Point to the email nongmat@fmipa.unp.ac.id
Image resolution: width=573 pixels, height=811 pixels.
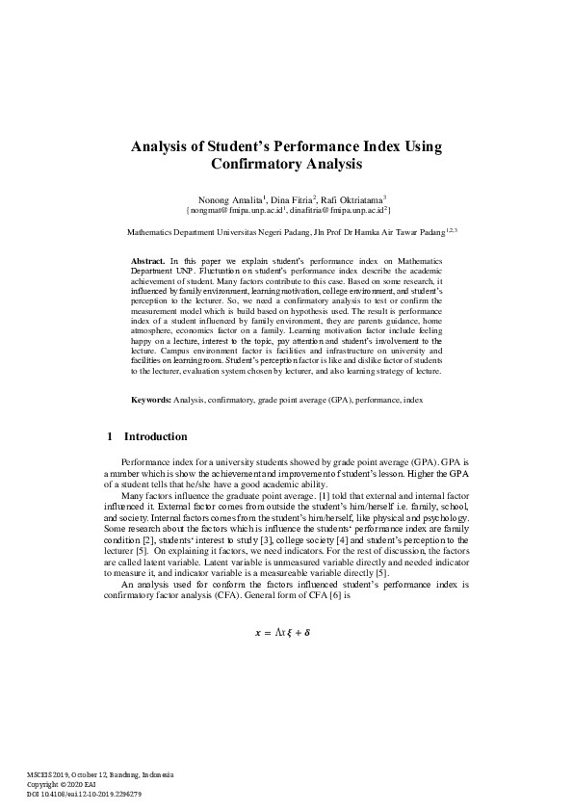(234, 209)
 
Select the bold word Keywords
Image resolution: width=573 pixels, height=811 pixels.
(152, 399)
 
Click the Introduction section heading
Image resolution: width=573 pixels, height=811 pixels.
(157, 436)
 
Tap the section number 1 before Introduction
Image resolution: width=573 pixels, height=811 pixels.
(110, 436)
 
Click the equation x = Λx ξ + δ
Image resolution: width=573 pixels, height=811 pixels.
(288, 633)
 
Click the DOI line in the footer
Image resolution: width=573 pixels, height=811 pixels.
(85, 793)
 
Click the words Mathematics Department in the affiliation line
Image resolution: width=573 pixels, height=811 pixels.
(169, 232)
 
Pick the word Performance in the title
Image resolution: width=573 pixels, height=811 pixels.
(323, 147)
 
